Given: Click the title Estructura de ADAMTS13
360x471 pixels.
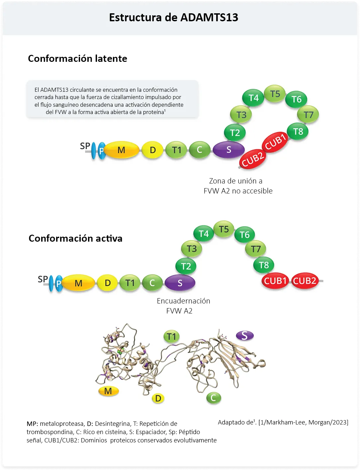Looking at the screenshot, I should coord(173,17).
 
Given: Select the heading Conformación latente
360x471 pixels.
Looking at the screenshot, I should coord(77,59).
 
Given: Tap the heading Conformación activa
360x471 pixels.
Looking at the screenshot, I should coord(75,238).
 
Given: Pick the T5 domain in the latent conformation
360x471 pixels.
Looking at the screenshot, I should coord(275,94).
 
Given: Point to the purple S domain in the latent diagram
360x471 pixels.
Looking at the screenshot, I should coord(228,150).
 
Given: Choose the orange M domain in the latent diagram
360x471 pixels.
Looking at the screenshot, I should coord(122,150).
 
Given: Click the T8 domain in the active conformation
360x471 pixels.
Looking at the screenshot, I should coord(264,265).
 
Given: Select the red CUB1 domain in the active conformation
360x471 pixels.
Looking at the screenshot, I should coord(275,281).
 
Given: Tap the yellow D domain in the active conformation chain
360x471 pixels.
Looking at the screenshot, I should coord(108,283).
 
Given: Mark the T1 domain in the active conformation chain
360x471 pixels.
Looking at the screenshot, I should coord(130,283).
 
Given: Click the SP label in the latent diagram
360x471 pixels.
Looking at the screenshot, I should coord(85,146).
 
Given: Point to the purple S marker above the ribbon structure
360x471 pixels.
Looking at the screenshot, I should coord(244,336).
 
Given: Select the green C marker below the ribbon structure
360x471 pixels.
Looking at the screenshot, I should coord(214,398).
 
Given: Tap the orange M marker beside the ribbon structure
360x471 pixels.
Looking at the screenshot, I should coord(108,391).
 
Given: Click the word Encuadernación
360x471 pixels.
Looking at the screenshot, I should coord(183,301).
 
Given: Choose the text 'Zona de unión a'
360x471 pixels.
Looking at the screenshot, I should coord(235,181).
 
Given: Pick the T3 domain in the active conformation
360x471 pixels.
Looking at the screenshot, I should coord(192,249).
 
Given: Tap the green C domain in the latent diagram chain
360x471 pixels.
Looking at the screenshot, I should coord(199,150).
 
